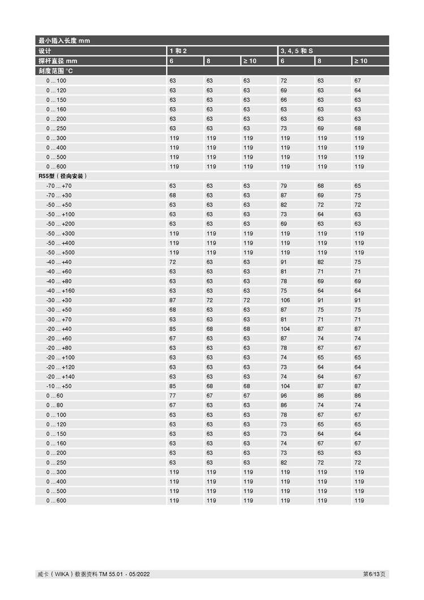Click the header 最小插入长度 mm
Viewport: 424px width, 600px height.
click(x=64, y=41)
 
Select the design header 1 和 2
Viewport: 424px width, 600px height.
click(x=178, y=51)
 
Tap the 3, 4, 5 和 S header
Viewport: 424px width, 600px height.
click(x=296, y=51)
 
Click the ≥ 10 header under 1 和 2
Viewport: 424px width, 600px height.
click(x=249, y=61)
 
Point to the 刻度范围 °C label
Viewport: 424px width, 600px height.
click(x=55, y=71)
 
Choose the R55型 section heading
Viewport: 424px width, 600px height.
click(x=62, y=176)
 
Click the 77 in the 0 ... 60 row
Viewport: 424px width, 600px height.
click(x=173, y=396)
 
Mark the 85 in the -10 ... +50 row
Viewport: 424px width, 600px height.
click(x=173, y=386)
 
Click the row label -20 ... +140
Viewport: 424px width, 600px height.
click(x=60, y=377)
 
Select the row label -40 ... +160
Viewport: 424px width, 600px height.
click(x=60, y=291)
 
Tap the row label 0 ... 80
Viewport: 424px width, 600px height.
click(x=55, y=405)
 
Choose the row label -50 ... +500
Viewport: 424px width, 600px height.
click(x=60, y=253)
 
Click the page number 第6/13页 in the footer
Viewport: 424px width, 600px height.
click(x=374, y=575)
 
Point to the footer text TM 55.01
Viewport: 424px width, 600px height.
click(x=111, y=575)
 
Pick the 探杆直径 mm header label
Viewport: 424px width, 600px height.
click(x=57, y=61)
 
